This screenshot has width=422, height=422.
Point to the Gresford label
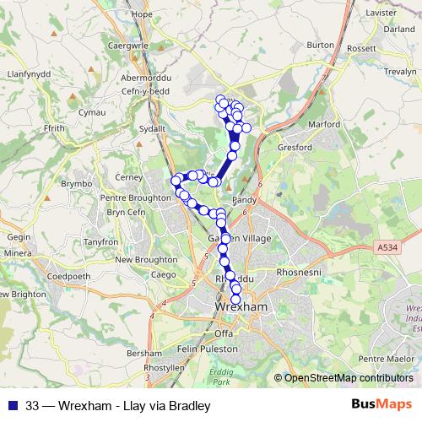[296, 146]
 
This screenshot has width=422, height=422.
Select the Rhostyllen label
[165, 369]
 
